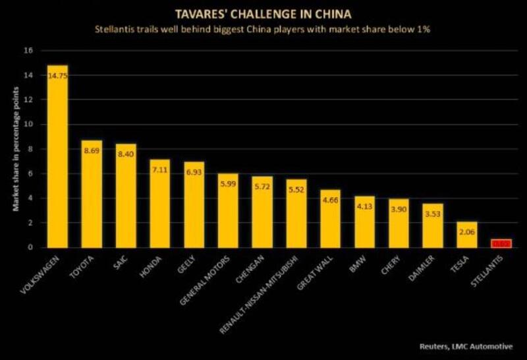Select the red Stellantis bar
501,243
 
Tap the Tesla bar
467,235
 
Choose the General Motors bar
228,210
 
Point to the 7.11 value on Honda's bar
159,171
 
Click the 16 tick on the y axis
28,50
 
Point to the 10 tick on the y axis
28,124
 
